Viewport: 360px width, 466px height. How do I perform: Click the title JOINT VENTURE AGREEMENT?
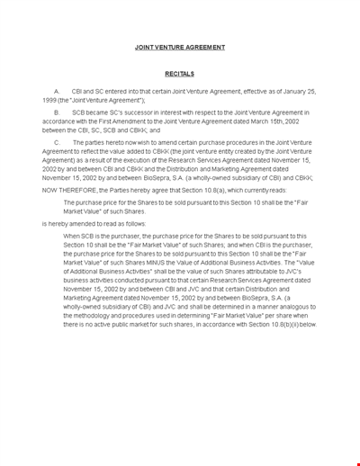[x=180, y=47]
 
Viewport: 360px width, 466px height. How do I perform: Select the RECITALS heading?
[x=180, y=74]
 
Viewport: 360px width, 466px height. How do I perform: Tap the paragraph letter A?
[x=57, y=91]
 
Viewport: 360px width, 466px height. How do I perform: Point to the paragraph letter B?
[x=57, y=112]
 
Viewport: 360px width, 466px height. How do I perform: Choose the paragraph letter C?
[x=57, y=141]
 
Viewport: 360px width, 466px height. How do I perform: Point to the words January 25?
[x=292, y=91]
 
